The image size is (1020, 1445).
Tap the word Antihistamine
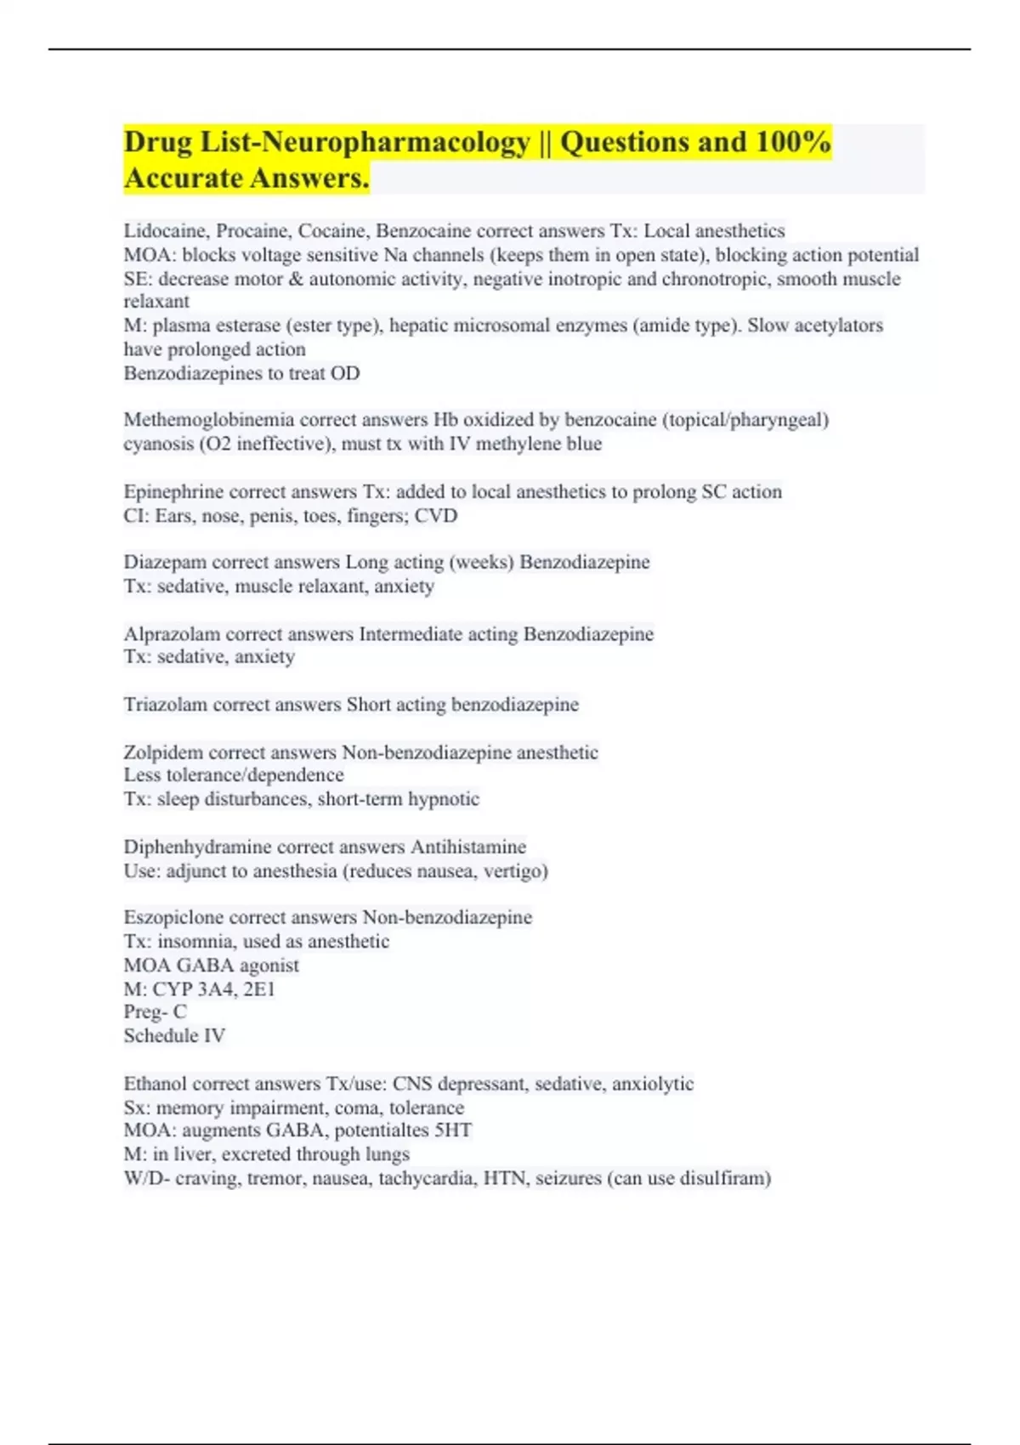click(468, 847)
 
